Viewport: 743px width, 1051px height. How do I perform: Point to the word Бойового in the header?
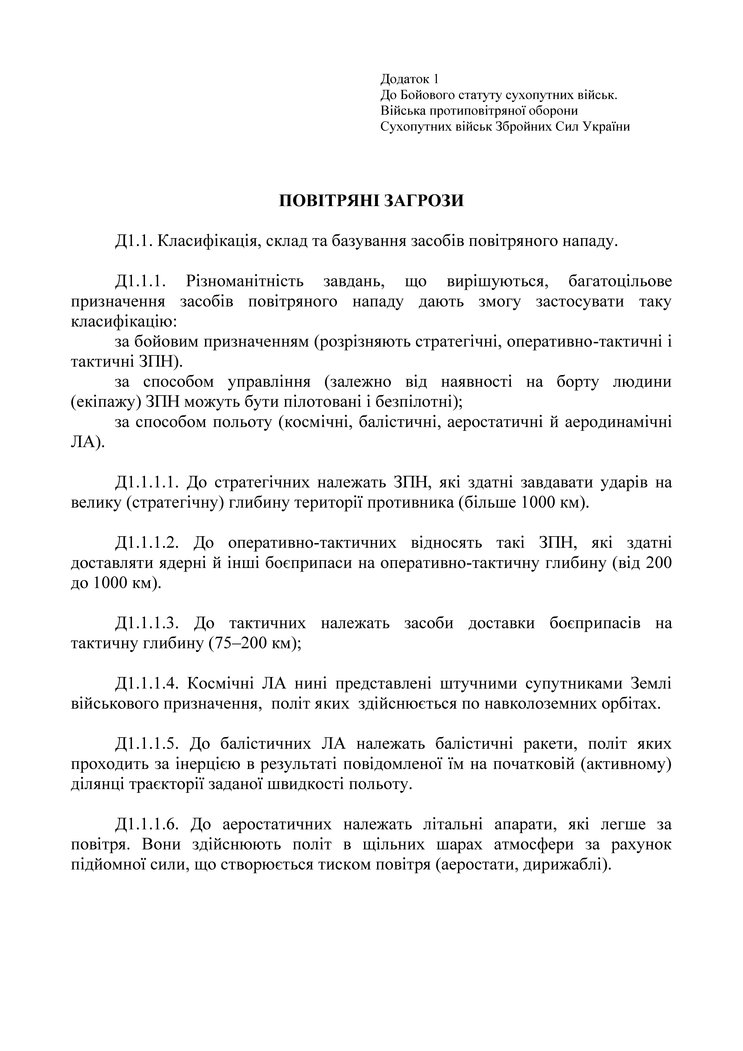pyautogui.click(x=425, y=95)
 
